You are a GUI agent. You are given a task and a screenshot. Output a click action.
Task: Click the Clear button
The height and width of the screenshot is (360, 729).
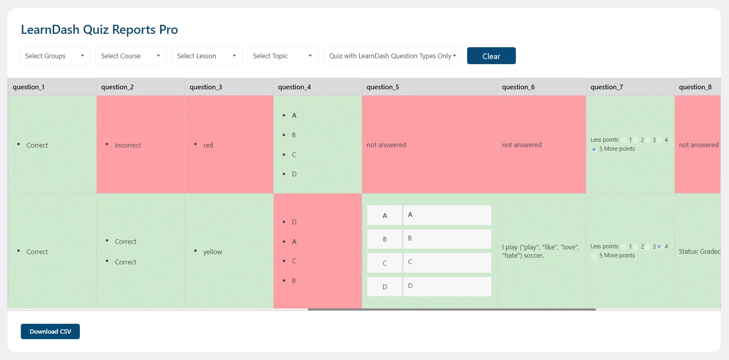coord(491,56)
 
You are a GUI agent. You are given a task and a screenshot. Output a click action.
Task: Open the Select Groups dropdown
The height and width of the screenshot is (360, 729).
coord(55,56)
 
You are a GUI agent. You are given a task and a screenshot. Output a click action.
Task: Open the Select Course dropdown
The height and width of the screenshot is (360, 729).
coord(131,56)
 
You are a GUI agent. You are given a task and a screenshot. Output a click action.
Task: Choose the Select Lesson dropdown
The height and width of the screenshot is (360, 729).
coord(206,56)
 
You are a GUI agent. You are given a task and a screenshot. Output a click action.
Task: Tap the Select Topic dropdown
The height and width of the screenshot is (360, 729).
coord(282,56)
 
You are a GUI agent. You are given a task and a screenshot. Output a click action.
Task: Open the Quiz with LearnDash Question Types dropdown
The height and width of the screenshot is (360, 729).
coord(392,56)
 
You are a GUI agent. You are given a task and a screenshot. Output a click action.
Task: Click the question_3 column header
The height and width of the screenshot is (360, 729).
coord(206,87)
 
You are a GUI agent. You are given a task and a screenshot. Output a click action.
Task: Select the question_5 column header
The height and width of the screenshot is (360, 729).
coord(383,87)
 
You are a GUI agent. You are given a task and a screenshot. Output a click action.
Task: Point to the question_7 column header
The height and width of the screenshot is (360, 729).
coord(606,87)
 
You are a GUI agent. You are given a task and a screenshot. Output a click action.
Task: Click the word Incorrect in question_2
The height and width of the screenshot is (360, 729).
coord(128,145)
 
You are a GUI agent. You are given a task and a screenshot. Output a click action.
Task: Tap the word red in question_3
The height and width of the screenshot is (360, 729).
coord(208,145)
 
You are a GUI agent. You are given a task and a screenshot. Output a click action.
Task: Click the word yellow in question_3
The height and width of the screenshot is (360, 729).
coord(212,252)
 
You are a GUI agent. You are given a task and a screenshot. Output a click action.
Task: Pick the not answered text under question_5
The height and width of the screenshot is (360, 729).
coord(386,145)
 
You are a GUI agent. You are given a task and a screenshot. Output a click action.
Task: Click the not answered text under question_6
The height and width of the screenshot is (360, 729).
coord(521,145)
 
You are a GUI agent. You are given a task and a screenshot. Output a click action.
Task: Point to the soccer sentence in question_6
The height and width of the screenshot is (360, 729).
coord(540,251)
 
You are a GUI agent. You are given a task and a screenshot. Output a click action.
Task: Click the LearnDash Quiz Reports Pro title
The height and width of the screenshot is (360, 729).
coord(99,30)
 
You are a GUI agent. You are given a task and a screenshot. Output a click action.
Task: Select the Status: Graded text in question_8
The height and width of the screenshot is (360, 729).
coord(699,251)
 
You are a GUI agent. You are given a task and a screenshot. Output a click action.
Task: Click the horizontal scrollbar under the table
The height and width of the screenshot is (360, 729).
coord(451,310)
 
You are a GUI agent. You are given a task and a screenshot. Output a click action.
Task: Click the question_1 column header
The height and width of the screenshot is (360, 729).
coord(28,87)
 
